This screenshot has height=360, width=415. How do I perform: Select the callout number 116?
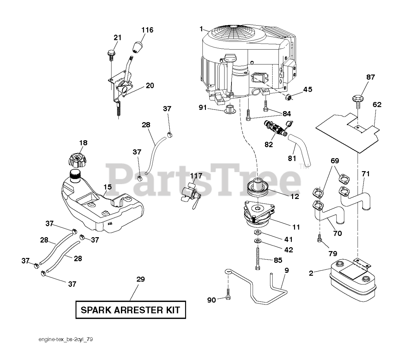pyautogui.click(x=147, y=30)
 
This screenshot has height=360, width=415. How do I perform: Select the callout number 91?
pyautogui.click(x=202, y=107)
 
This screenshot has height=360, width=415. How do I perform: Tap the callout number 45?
pyautogui.click(x=307, y=89)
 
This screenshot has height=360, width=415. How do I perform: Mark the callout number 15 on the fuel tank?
pyautogui.click(x=107, y=187)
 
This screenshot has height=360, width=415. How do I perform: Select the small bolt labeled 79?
pyautogui.click(x=319, y=239)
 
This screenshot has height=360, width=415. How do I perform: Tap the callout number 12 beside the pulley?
pyautogui.click(x=295, y=196)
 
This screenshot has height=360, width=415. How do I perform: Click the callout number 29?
pyautogui.click(x=140, y=279)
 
